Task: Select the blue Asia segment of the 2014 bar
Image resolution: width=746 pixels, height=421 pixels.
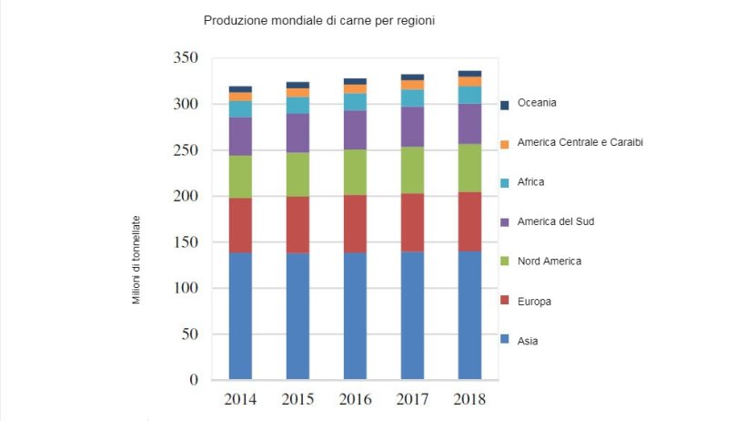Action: click(240, 315)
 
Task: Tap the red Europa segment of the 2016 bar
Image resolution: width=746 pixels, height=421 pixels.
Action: click(355, 223)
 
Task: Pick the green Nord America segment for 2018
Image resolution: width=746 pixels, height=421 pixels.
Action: click(470, 168)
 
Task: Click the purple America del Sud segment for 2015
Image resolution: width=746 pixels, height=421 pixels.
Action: click(297, 133)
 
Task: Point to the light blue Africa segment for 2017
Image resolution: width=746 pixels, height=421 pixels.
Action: click(412, 98)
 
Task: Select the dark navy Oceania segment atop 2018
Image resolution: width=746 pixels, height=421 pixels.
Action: click(470, 74)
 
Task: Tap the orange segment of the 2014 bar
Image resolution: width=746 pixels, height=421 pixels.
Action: click(240, 96)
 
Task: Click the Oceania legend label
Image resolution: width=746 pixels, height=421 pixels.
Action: click(537, 103)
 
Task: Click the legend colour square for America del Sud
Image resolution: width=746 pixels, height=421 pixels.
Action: click(505, 222)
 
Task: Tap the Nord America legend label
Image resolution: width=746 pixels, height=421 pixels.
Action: click(549, 262)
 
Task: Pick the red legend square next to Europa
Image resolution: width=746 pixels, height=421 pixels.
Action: click(505, 302)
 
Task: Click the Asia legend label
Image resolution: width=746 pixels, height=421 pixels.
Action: click(527, 341)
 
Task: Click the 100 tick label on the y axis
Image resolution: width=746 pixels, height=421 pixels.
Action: click(186, 288)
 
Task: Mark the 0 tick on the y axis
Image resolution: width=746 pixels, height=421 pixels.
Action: click(194, 380)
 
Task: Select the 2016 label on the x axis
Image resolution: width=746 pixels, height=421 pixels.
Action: click(355, 400)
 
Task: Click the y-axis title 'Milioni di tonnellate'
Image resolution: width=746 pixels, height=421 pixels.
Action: click(136, 260)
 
